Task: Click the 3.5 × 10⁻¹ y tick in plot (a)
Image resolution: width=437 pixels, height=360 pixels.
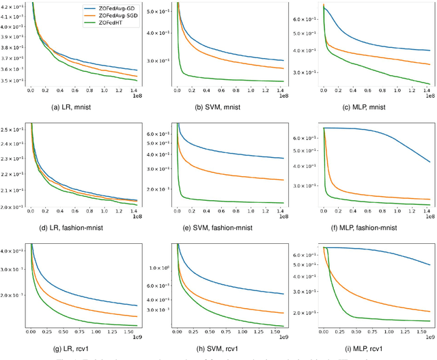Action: pyautogui.click(x=12, y=81)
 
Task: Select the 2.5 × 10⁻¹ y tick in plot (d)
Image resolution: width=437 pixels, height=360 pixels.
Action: pyautogui.click(x=12, y=129)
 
